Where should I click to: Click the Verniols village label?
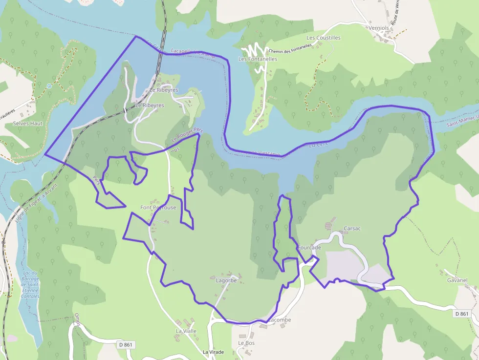click(379, 28)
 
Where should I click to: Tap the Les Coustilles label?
click(323, 38)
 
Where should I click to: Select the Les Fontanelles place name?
click(258, 59)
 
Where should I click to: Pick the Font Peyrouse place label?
click(158, 208)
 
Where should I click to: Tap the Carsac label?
click(352, 229)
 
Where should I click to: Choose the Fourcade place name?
click(309, 248)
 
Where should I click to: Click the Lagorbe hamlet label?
click(226, 281)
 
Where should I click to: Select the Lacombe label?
click(279, 320)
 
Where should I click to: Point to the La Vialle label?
click(186, 331)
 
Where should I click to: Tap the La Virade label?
click(213, 352)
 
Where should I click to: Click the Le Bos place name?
click(246, 343)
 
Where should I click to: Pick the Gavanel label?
click(457, 280)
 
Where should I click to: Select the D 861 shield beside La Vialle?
click(126, 345)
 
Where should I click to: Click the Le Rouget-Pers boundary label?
click(187, 135)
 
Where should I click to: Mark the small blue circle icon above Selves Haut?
click(49, 86)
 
